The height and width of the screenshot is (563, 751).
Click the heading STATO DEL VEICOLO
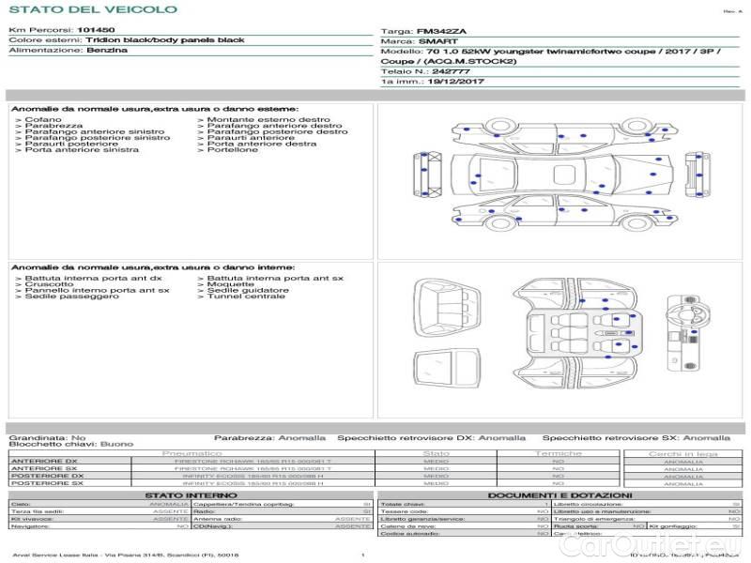click(92, 9)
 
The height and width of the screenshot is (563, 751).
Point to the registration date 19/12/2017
click(455, 82)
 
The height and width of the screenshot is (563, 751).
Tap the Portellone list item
click(232, 150)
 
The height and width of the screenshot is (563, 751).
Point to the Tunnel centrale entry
click(246, 297)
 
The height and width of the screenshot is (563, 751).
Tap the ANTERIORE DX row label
click(44, 461)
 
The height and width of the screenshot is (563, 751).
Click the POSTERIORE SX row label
click(46, 483)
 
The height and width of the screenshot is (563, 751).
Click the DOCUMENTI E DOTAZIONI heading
click(559, 495)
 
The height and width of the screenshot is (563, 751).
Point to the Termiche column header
click(559, 453)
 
